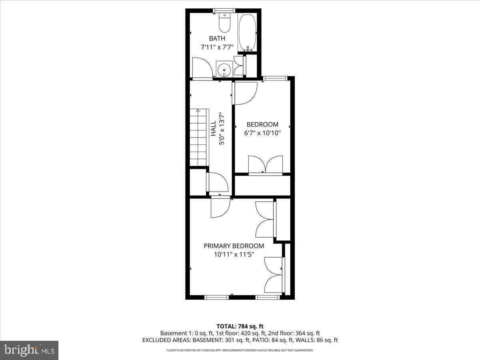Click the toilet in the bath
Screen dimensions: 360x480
point(224,24)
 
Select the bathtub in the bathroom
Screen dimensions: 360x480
point(247,32)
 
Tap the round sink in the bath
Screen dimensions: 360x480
point(224,69)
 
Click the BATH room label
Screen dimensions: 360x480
point(217,38)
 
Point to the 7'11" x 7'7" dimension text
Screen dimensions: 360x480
point(217,47)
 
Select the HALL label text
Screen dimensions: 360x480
point(213,129)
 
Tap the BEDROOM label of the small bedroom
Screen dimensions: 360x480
point(262,124)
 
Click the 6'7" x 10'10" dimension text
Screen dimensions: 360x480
point(262,133)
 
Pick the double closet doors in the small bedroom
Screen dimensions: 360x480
point(265,165)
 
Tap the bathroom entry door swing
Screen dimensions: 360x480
point(202,68)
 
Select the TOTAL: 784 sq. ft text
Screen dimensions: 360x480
point(240,326)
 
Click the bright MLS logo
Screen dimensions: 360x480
point(29,350)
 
